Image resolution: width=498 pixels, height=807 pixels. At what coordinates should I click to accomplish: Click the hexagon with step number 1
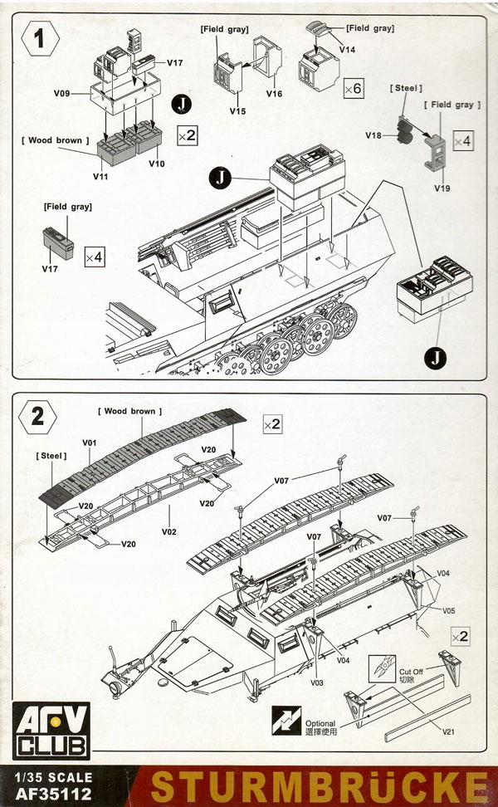coord(39,38)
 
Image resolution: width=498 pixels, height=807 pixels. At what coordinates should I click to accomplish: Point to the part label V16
coord(274,94)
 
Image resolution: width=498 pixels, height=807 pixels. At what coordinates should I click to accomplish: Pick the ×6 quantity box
coord(353,87)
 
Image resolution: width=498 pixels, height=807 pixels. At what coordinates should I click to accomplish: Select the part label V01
coord(90,443)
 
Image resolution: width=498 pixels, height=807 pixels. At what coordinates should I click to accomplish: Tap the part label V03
coord(317,682)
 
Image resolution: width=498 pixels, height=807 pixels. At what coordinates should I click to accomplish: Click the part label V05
coord(448,610)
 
